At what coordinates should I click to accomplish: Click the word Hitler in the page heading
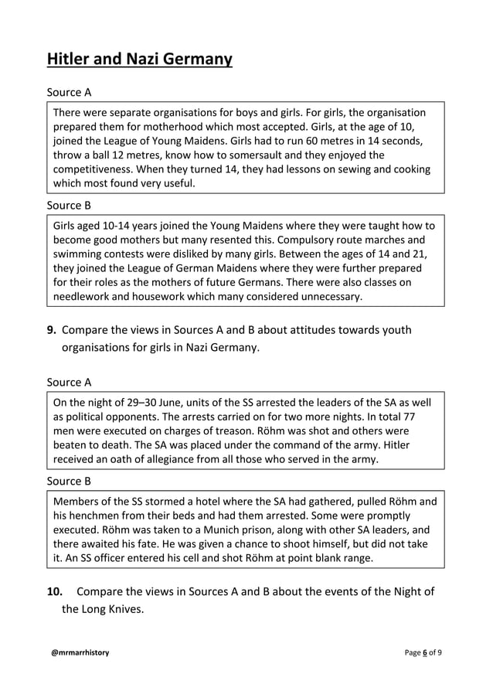69,59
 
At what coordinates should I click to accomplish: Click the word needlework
87,296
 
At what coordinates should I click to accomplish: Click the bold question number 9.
51,331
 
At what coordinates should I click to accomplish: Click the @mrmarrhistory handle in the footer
80,653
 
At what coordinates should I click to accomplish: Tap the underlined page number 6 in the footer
424,653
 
